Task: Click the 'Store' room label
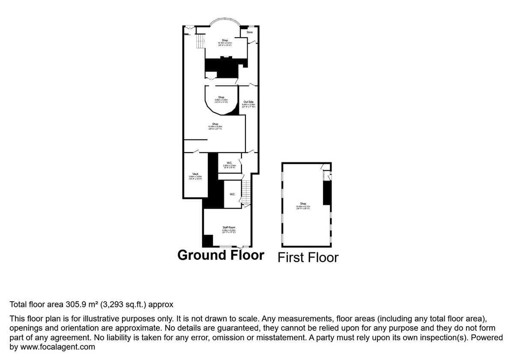[x=249, y=32]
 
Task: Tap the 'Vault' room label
[x=195, y=174]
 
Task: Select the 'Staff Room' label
[x=229, y=228]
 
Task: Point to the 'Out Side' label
[x=248, y=102]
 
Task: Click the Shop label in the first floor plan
[x=303, y=204]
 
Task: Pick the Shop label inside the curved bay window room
[x=225, y=40]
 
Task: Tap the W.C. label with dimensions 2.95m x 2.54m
[x=229, y=163]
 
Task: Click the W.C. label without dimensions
[x=232, y=195]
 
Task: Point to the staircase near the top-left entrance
[x=199, y=41]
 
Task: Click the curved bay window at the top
[x=225, y=20]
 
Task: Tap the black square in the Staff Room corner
[x=207, y=241]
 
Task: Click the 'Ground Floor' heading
[x=221, y=255]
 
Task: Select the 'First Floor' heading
[x=308, y=257]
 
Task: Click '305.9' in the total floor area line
[x=75, y=305]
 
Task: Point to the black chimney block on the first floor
[x=327, y=193]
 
